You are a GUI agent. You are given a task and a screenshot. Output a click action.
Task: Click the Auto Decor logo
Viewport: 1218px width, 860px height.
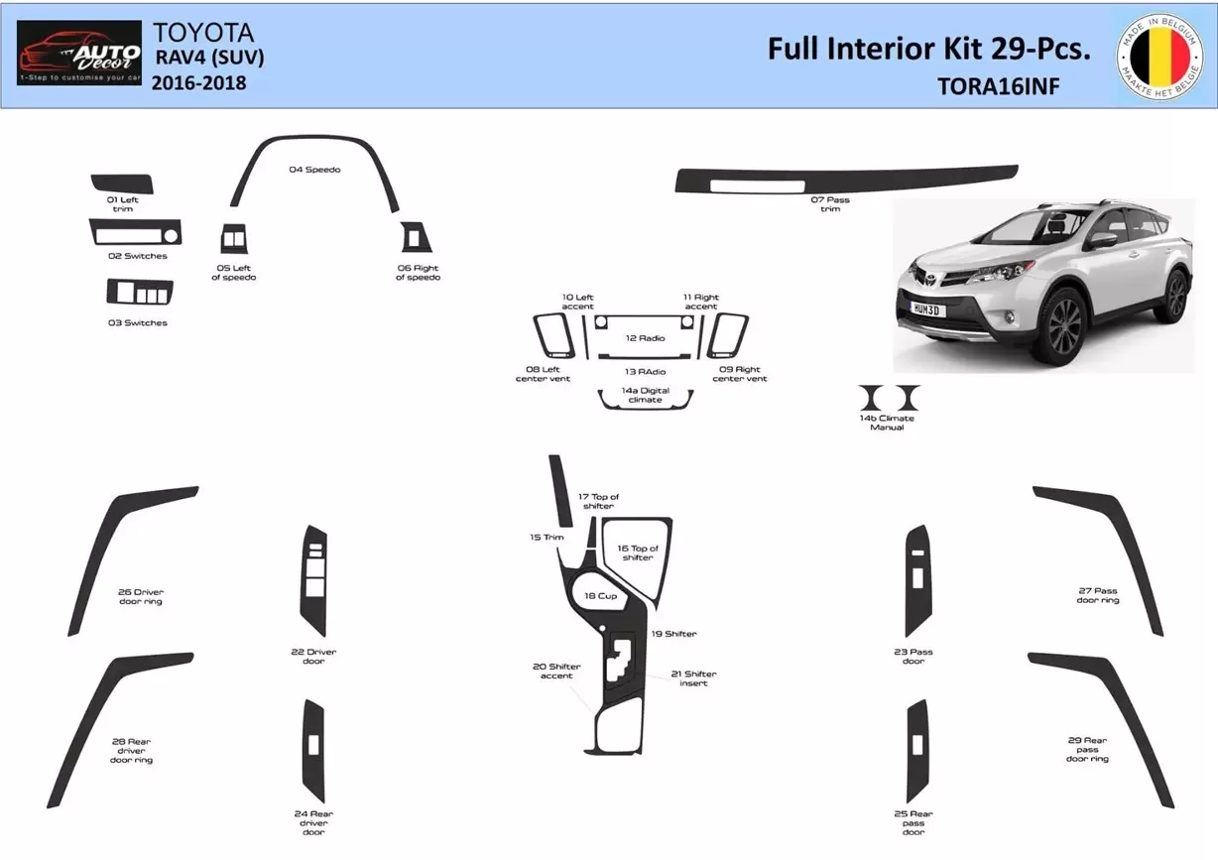coord(80,54)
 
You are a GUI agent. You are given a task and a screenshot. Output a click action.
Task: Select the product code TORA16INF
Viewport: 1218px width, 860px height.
coord(998,86)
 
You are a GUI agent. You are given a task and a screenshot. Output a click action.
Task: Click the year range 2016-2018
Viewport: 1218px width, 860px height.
coord(198,83)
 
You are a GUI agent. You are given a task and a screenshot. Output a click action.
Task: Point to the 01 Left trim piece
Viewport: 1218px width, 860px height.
coord(122,184)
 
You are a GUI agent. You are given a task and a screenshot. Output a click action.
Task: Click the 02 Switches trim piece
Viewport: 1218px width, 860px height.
coord(136,232)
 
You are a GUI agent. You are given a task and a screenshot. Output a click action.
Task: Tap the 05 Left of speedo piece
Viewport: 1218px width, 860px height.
coord(234,240)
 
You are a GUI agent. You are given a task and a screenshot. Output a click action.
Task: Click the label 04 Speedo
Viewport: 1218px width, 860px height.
coord(314,170)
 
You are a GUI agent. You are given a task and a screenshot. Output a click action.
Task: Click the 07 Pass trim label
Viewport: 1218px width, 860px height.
coord(830,204)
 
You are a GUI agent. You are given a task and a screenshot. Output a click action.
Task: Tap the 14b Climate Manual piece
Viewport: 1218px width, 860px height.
coord(890,398)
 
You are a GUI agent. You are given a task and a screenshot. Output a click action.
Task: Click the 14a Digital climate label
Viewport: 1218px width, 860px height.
coord(645,395)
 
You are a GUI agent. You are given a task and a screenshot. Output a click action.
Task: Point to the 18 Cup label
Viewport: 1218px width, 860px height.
coord(600,596)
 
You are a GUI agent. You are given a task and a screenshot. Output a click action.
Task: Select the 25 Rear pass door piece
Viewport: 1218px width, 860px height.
coord(916,751)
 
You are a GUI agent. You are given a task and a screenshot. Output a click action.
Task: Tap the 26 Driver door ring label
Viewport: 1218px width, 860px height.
coord(140,596)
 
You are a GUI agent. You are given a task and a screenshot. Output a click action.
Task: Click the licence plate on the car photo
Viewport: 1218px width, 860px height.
coord(928,309)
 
